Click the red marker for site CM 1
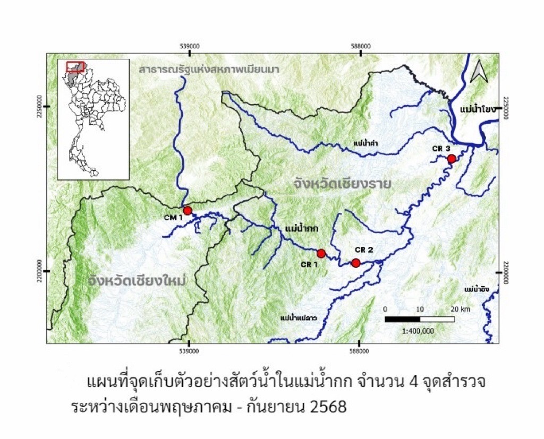(187, 210)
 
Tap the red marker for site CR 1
(321, 253)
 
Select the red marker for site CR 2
(355, 263)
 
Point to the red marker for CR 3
(451, 158)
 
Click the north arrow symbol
(479, 71)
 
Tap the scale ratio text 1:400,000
(419, 330)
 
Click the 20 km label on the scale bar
(460, 309)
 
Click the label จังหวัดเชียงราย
(342, 185)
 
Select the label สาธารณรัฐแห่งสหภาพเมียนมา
(209, 70)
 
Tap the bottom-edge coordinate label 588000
(359, 351)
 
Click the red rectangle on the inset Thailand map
(75, 67)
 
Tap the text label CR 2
(364, 249)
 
